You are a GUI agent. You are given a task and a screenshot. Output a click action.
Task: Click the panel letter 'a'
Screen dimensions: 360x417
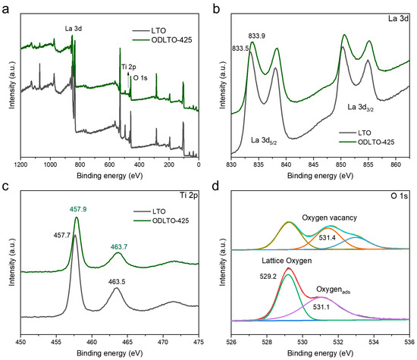pyautogui.click(x=5, y=6)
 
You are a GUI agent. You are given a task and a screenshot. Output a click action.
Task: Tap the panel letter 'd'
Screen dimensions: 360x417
pyautogui.click(x=217, y=187)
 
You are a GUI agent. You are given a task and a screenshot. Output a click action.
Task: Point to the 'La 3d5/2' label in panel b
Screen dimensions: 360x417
pyautogui.click(x=271, y=139)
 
